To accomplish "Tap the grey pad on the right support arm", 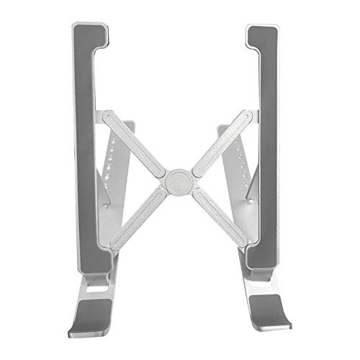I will tap(269, 144).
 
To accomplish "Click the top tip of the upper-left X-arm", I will tap(104, 116).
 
